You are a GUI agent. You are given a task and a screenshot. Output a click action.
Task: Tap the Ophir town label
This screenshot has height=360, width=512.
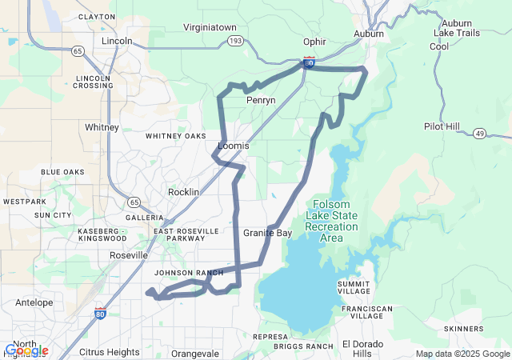click(x=314, y=42)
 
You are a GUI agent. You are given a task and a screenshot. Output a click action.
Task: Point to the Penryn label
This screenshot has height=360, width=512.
click(x=261, y=100)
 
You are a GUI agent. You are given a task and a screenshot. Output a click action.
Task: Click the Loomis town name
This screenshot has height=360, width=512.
click(x=234, y=146)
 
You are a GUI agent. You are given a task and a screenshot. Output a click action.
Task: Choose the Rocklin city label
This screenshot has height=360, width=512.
click(x=183, y=193)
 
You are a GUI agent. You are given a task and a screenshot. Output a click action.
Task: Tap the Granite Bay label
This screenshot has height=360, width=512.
click(x=267, y=233)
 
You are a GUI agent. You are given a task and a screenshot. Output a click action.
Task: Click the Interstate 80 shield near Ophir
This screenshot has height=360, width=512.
click(x=309, y=61)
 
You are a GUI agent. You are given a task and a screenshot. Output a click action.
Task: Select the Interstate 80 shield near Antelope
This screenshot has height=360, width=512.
click(x=100, y=314)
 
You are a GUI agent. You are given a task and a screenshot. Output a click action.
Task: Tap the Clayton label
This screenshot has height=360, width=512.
click(x=119, y=16)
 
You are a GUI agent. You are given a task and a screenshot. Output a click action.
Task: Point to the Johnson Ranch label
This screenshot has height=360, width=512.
click(x=189, y=273)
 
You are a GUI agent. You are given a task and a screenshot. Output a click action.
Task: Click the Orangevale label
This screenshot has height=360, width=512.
click(x=194, y=353)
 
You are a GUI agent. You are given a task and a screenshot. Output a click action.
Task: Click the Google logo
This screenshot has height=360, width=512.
click(x=26, y=350)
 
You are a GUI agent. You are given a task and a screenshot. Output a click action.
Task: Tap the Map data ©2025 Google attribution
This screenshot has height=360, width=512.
click(x=462, y=354)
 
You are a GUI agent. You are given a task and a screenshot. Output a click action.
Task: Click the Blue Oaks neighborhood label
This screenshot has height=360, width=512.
click(x=62, y=172)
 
